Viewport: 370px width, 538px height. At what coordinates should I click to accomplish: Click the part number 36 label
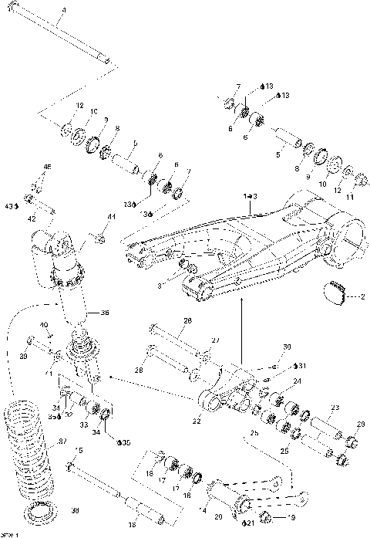pos(105,313)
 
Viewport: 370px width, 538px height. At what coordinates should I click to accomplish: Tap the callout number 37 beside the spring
pos(63,441)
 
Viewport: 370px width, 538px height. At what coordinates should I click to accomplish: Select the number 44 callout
pos(111,219)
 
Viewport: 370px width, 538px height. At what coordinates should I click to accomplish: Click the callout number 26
pos(187,320)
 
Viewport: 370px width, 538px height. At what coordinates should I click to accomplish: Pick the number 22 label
pos(196,421)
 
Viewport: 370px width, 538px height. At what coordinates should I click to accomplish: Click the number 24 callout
pos(297,381)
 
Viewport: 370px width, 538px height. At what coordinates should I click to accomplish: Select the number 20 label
pos(218,516)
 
